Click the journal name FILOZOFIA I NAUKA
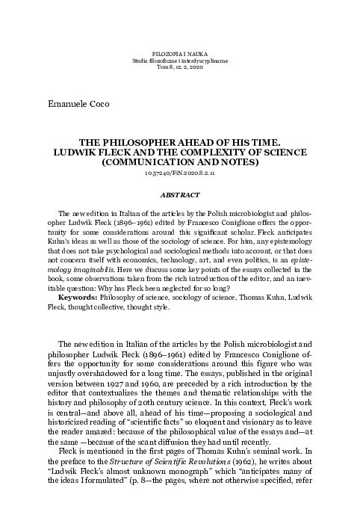(179, 55)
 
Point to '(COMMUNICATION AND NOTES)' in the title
(179, 160)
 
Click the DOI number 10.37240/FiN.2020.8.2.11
(179, 172)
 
